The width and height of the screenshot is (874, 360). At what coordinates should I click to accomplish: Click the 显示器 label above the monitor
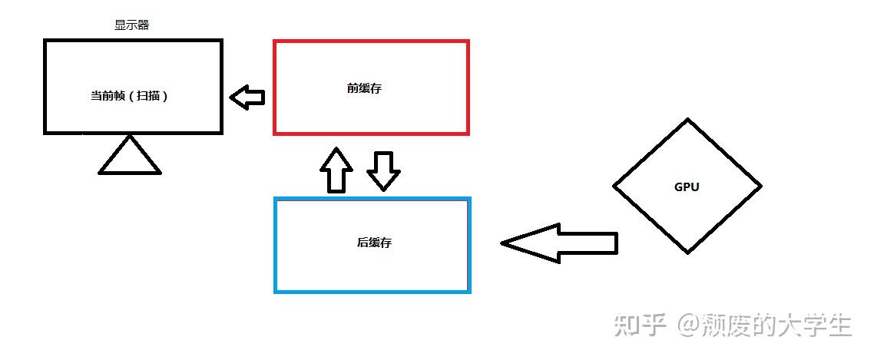(131, 25)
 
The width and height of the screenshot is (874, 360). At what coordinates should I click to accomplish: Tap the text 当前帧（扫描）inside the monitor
(129, 97)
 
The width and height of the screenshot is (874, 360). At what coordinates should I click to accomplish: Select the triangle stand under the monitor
(130, 156)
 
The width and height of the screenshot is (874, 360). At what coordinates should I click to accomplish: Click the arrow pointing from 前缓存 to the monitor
(247, 97)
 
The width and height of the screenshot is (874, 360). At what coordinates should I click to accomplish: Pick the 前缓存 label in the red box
(364, 88)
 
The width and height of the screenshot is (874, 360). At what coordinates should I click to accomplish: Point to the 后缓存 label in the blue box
(374, 243)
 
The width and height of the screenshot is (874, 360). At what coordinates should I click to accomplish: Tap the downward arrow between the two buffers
(383, 170)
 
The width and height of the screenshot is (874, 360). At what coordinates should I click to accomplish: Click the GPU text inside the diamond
(687, 187)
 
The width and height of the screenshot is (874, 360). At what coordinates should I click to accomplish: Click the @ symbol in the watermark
(687, 325)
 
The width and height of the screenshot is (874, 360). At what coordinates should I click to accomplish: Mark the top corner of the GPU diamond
(687, 120)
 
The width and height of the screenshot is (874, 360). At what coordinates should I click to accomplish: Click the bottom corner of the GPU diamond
(687, 253)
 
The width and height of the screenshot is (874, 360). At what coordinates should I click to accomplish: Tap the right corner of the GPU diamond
(760, 186)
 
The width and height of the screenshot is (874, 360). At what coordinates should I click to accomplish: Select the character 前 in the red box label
(353, 88)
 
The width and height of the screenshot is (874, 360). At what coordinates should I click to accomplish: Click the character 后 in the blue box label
(363, 243)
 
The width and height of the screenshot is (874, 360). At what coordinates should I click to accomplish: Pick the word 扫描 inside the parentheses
(149, 97)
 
